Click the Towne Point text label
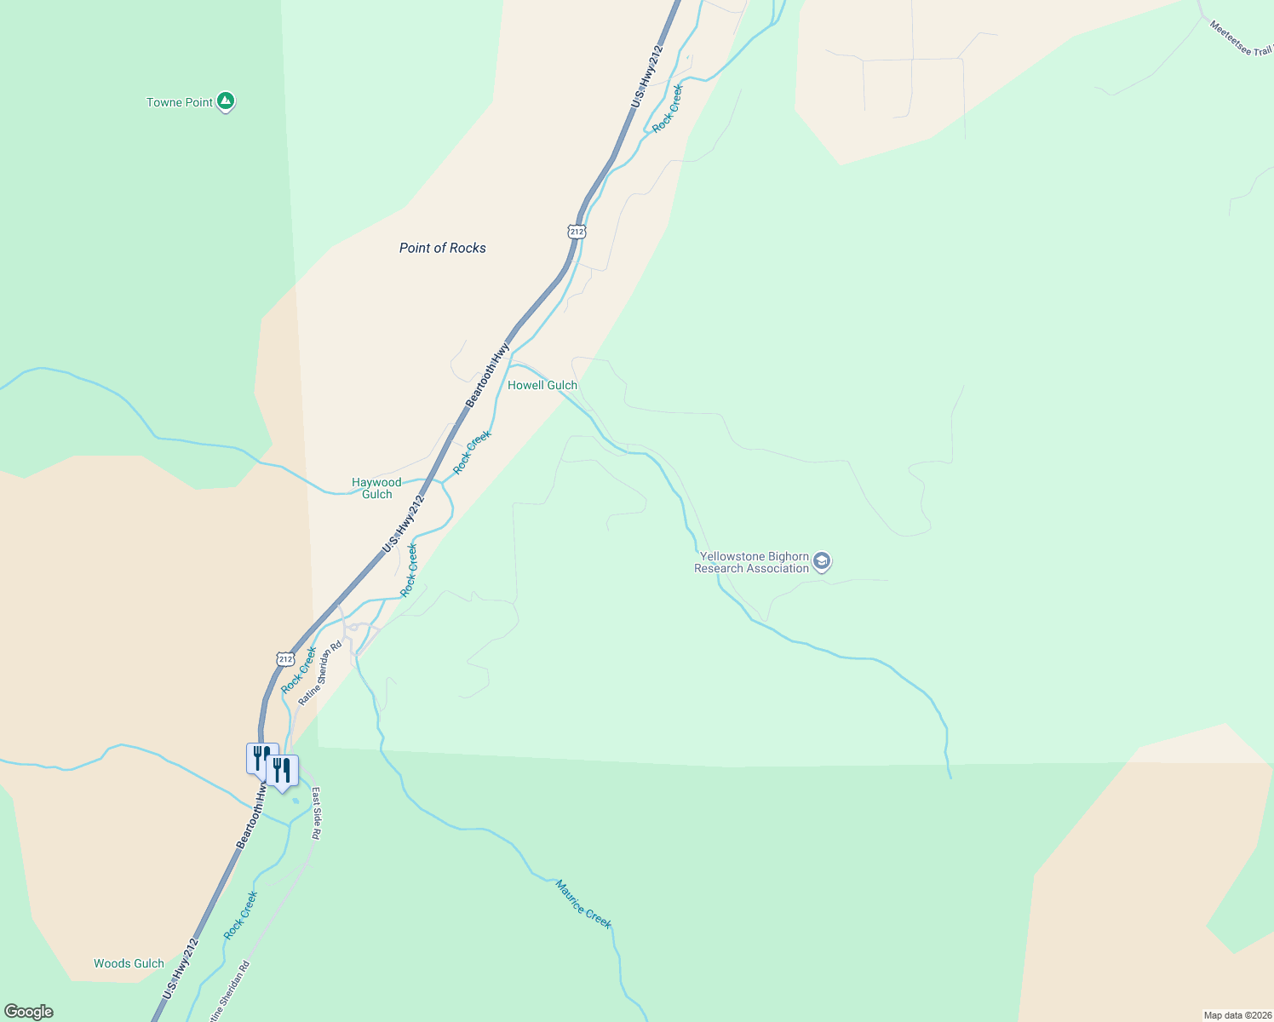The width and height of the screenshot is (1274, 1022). (180, 102)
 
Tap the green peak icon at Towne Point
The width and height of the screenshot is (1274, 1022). (226, 101)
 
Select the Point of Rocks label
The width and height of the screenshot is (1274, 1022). (443, 248)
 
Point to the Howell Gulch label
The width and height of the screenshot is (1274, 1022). (542, 385)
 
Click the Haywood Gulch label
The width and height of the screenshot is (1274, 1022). (376, 488)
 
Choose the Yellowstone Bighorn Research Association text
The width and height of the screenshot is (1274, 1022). (753, 562)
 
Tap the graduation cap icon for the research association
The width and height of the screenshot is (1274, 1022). (822, 561)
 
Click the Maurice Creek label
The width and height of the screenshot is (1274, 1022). (583, 904)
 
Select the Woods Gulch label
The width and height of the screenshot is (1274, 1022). (129, 963)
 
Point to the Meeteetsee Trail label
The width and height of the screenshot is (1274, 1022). (1241, 38)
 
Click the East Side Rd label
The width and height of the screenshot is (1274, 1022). (315, 813)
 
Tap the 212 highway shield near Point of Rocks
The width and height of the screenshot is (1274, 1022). (577, 232)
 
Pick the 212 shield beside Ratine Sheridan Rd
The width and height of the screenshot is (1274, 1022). (285, 658)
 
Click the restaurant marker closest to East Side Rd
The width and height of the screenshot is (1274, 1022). (282, 771)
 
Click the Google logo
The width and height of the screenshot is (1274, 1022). (28, 1012)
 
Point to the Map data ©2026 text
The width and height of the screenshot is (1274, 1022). (1236, 1015)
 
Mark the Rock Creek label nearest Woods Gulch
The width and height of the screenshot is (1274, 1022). (240, 916)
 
